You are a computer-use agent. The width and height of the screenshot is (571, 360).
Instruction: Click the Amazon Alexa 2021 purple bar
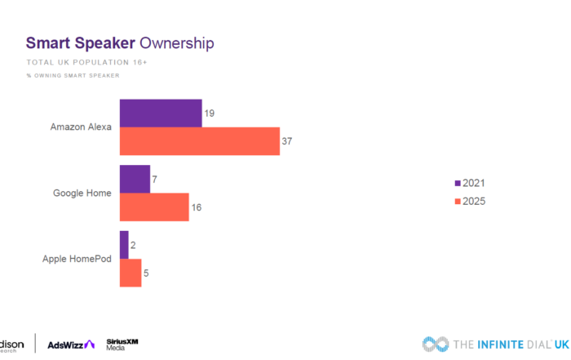coord(161,113)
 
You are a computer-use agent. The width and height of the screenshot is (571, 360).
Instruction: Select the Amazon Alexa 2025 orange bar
coord(200,141)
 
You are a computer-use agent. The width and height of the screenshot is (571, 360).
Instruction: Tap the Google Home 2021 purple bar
coord(135,179)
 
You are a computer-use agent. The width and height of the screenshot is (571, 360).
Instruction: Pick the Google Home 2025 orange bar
coord(154,207)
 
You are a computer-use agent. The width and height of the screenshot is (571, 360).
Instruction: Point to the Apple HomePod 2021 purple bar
coord(124,245)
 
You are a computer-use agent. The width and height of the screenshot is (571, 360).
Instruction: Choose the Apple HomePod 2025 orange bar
coord(131,273)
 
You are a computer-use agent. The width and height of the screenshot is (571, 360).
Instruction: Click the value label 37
coord(286,141)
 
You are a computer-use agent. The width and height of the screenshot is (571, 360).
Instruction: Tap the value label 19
coord(210,113)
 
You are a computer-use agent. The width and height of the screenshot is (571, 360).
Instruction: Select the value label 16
coord(196,207)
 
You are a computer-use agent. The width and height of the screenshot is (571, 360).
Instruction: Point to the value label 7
coord(156,179)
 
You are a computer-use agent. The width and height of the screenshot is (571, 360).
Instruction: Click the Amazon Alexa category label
coord(81,127)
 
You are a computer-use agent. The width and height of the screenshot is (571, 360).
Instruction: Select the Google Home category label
coord(82,193)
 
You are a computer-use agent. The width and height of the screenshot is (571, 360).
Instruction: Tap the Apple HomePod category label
coord(77,260)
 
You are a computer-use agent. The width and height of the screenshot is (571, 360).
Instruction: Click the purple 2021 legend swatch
coord(457,183)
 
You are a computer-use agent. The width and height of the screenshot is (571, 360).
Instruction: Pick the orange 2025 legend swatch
coord(457,201)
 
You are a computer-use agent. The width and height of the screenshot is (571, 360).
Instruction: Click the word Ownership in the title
coord(177,42)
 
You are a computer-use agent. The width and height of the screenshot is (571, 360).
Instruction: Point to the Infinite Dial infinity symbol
coord(436,344)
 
